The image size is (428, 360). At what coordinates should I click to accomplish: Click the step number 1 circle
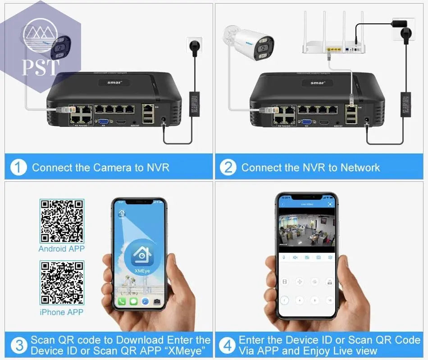point(18,167)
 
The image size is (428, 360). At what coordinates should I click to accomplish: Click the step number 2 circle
point(228,167)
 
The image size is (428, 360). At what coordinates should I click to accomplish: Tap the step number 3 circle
point(18,346)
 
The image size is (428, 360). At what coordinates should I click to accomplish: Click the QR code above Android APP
point(62,221)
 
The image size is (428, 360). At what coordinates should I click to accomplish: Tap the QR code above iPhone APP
point(62,283)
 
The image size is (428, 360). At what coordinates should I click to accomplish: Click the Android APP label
point(62,249)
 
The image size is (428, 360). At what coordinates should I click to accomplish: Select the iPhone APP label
point(62,312)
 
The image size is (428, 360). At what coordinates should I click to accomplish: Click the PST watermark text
point(41,67)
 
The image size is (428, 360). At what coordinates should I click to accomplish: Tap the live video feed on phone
point(306,230)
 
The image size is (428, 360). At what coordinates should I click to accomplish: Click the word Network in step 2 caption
point(360,168)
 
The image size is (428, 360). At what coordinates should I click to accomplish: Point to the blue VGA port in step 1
point(104,121)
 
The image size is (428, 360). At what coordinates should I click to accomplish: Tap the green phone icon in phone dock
point(122,301)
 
